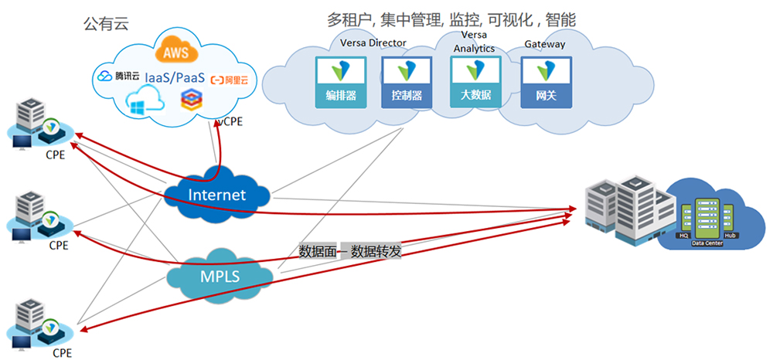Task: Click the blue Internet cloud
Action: (216, 195)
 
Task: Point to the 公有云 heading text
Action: (105, 24)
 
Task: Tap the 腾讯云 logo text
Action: (118, 76)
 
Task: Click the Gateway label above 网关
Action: (544, 44)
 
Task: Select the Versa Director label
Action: (373, 42)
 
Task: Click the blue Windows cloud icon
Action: (144, 102)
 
